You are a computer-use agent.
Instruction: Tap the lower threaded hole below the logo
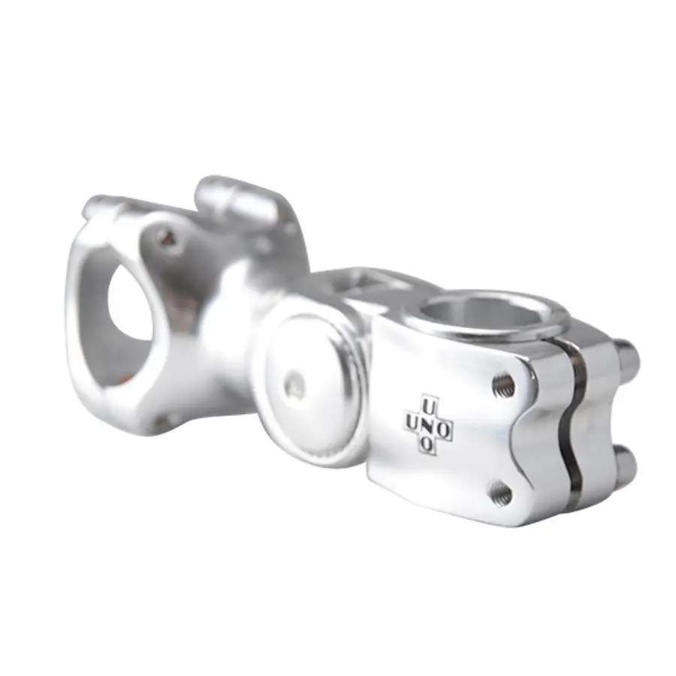501,493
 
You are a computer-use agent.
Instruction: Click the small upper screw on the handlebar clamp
169,238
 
